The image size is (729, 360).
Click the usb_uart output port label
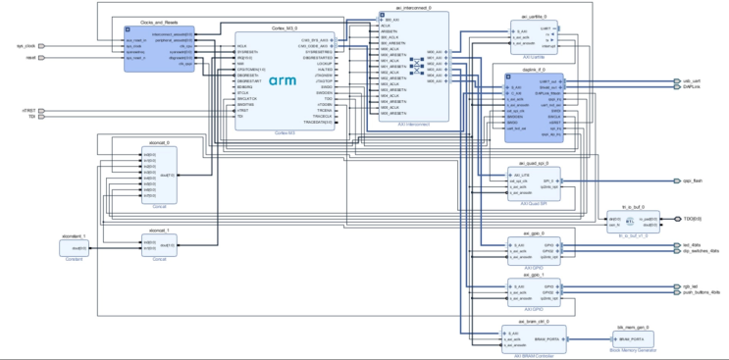click(x=691, y=81)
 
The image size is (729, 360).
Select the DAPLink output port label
click(x=690, y=87)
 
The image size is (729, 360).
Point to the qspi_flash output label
click(x=693, y=181)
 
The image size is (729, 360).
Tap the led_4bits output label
click(x=691, y=245)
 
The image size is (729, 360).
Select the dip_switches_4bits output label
click(x=701, y=252)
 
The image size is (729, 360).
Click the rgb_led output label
click(x=689, y=286)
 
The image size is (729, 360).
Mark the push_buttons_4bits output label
click(x=701, y=292)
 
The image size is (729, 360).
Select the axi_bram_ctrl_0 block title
click(x=522, y=322)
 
